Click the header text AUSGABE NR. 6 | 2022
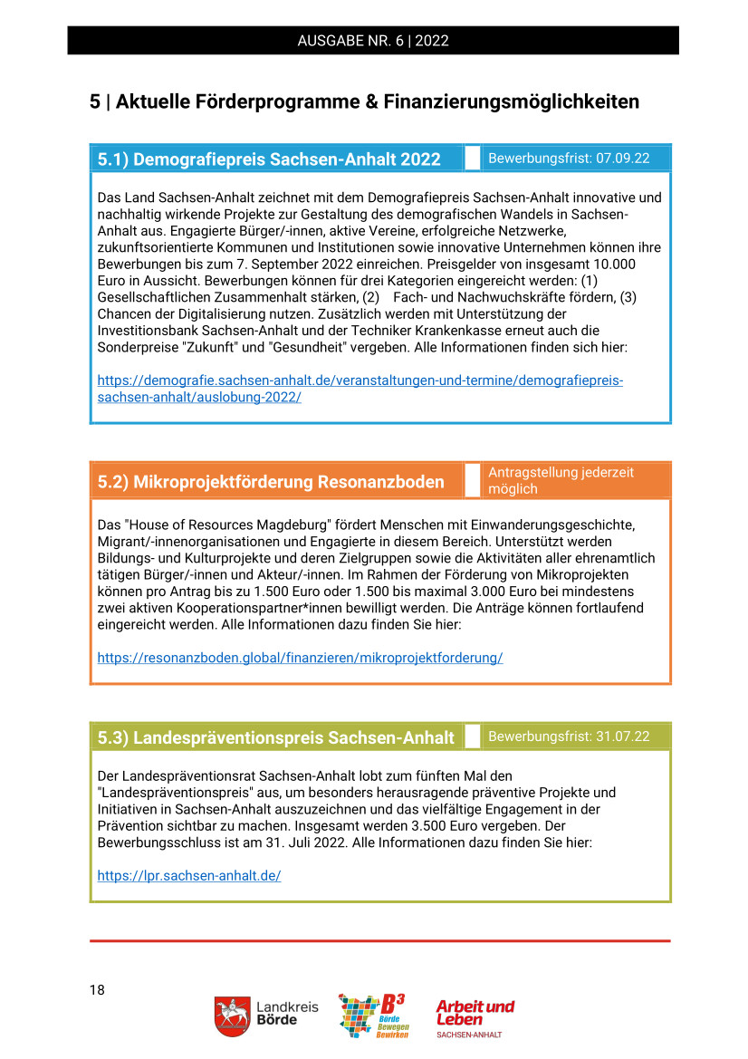click(x=373, y=41)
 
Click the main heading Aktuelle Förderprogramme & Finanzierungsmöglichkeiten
click(x=364, y=101)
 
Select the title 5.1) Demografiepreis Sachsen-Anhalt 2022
click(x=269, y=159)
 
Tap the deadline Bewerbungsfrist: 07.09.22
click(x=569, y=159)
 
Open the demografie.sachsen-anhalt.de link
click(x=360, y=389)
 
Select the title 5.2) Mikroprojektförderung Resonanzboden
click(x=271, y=482)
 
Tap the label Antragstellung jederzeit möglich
click(x=561, y=481)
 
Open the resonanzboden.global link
click(x=300, y=658)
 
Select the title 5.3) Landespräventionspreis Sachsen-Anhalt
click(x=275, y=737)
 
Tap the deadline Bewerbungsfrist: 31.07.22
click(x=569, y=736)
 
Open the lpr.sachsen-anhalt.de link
click(x=189, y=876)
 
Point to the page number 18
click(x=97, y=990)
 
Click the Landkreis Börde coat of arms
click(x=233, y=1016)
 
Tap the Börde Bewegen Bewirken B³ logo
click(x=372, y=1016)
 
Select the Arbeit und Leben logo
click(x=474, y=1017)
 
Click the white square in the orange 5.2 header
click(x=472, y=480)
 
